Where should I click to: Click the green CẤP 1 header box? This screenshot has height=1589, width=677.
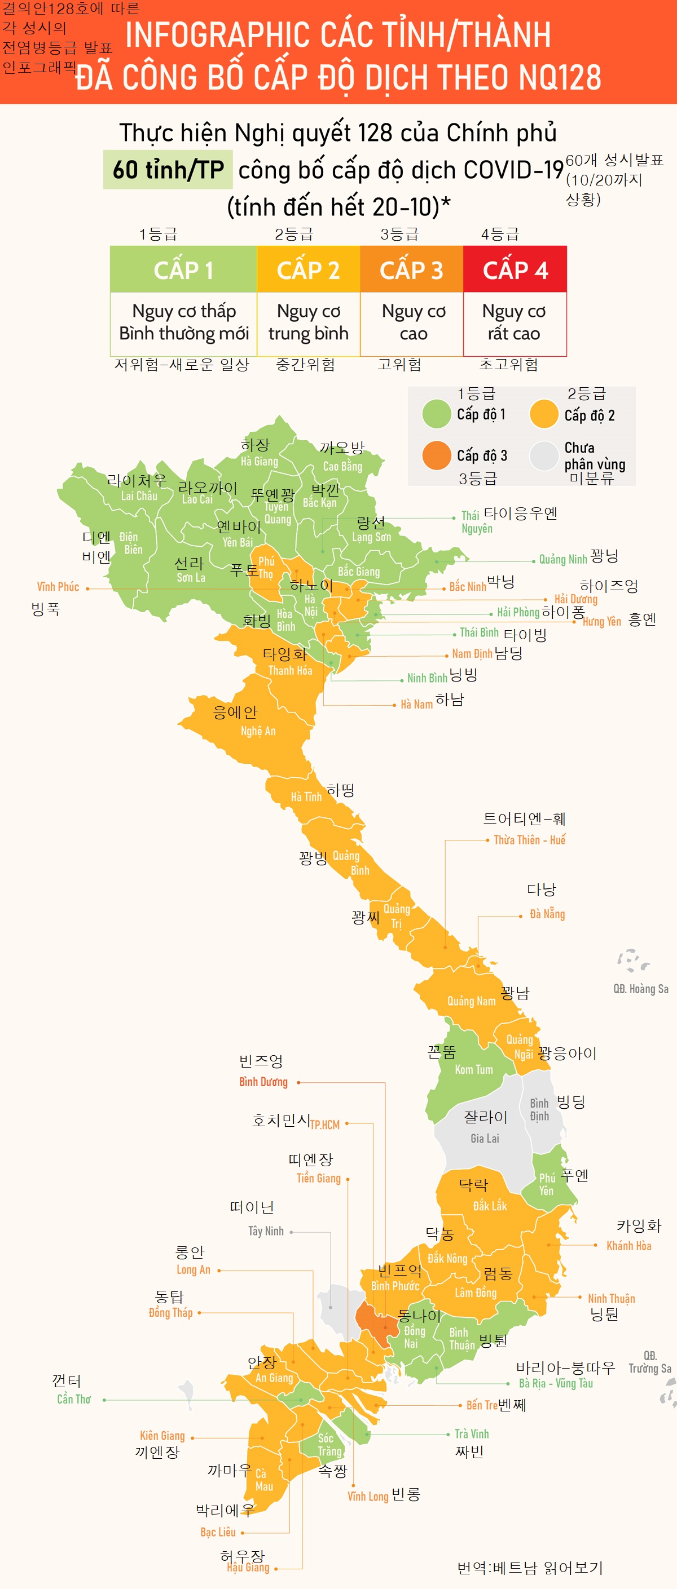(x=183, y=269)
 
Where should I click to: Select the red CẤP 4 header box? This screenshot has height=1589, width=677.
(x=515, y=269)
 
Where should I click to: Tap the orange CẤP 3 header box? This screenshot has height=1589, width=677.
(x=411, y=269)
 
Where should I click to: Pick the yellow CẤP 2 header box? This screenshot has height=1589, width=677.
(x=308, y=269)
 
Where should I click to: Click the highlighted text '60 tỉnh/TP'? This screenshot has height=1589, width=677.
(x=168, y=170)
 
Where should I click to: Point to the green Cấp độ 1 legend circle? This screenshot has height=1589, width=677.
(x=436, y=413)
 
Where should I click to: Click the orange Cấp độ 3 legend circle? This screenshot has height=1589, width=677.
(x=436, y=455)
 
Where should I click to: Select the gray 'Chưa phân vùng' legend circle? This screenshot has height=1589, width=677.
(x=544, y=456)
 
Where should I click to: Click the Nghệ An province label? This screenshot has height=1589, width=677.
(x=258, y=731)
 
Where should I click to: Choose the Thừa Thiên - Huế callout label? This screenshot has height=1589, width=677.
(x=530, y=839)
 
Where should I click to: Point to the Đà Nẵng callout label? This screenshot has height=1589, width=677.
(x=547, y=914)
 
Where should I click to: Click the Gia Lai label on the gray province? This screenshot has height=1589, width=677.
(x=485, y=1138)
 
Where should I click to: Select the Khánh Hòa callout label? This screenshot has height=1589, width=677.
(x=628, y=1245)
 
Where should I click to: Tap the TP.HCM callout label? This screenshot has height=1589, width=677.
(x=324, y=1125)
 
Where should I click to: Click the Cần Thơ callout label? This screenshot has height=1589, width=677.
(x=73, y=1399)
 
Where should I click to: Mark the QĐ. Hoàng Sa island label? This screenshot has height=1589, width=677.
(x=640, y=989)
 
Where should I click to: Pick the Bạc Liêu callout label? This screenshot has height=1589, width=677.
(x=218, y=1532)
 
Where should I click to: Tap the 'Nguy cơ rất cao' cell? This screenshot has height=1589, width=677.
(x=514, y=322)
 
